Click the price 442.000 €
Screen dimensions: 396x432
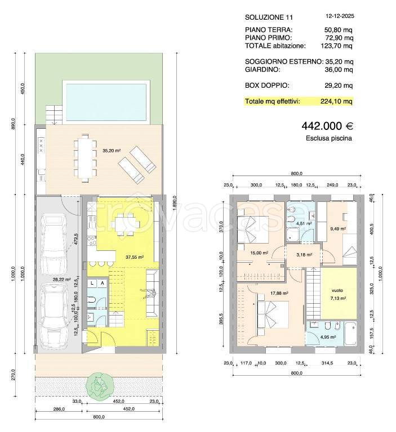(327, 126)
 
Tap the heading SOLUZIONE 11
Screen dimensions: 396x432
(269, 17)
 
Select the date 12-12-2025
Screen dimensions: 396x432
(340, 16)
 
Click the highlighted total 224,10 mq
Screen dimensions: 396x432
(336, 101)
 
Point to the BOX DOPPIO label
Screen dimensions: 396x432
(267, 85)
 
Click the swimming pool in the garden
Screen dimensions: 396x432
(106, 102)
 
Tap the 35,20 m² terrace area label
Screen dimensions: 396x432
(112, 151)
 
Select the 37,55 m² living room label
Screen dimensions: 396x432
(135, 257)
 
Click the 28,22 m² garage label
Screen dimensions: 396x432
(61, 279)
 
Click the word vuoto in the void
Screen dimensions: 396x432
(337, 290)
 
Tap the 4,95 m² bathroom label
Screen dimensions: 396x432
(328, 337)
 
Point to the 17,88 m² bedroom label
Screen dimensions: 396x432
(279, 294)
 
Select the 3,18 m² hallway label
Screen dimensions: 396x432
(304, 255)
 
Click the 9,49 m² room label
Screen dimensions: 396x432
(338, 229)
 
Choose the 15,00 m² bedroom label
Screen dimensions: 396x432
(260, 253)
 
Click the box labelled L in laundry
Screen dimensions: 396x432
(92, 283)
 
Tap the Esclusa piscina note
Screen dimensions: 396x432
(328, 138)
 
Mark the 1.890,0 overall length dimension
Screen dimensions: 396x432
(174, 202)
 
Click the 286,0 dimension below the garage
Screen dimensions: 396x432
(59, 409)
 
